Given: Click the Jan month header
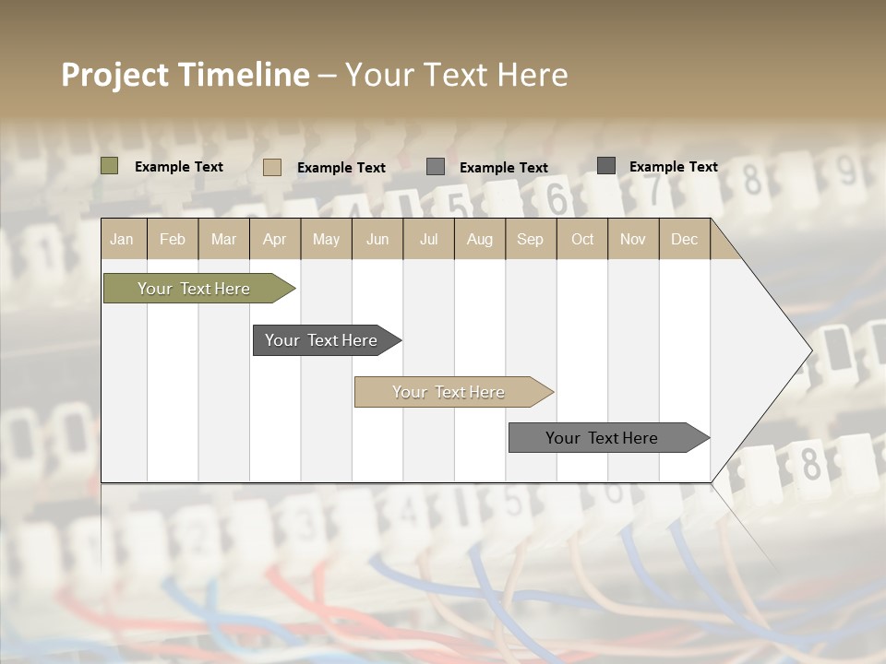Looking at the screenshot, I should point(122,239).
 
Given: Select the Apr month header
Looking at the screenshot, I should point(274,239).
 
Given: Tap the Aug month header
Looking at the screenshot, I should point(479,239).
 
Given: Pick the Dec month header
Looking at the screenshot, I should point(684,239).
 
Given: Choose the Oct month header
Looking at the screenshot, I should point(582,239).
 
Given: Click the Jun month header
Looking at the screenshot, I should point(377,239).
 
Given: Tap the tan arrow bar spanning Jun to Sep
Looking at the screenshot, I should point(449,392).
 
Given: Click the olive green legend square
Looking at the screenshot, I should point(109,166).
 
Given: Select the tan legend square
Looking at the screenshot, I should point(271,167).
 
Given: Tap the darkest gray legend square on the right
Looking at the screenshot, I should point(605,165).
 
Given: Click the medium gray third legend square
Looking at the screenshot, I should point(436,167).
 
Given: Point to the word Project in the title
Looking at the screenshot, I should point(114,75).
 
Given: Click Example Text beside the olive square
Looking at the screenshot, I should point(179,167).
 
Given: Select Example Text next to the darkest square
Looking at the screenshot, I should point(674,167).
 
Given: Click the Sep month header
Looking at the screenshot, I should point(530,239).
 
